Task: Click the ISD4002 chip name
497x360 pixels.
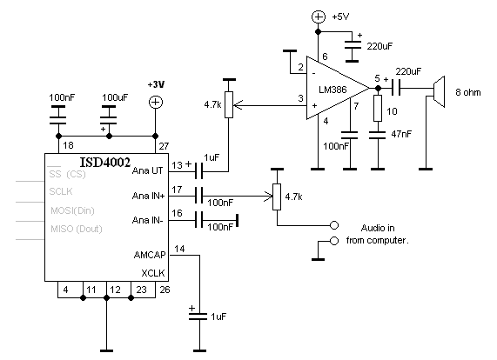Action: pos(105,163)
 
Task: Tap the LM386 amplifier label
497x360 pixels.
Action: pos(332,90)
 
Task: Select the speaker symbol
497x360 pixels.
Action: pos(438,92)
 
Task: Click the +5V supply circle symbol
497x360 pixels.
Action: pos(319,17)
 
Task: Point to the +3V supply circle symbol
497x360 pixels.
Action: pos(155,102)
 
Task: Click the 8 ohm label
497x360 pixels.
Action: pos(467,92)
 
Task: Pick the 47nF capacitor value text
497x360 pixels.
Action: pos(401,134)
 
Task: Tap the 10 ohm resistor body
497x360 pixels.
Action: pos(378,108)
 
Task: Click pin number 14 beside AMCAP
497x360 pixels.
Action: pos(179,249)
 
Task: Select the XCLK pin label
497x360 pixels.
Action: pos(153,273)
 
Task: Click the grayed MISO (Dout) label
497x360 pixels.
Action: pos(77,229)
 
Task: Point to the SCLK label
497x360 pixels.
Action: pos(61,191)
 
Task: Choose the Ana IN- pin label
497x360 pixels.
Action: pos(148,220)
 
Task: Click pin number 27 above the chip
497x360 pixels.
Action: pos(164,146)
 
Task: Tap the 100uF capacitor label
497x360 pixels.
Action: pos(115,97)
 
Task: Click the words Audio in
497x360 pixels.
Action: pos(378,228)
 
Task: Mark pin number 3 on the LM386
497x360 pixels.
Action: pos(301,98)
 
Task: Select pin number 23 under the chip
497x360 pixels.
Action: pos(141,290)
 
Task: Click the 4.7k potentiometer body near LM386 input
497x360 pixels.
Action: pos(229,105)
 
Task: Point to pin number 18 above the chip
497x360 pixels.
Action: pos(68,145)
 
